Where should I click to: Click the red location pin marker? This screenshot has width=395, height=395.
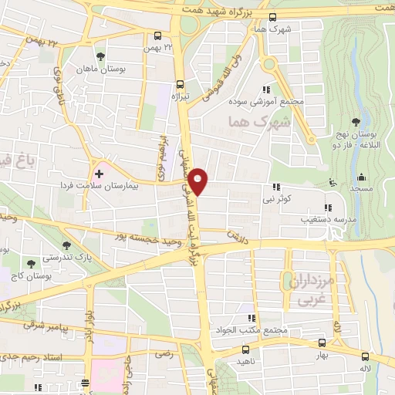click(x=198, y=181)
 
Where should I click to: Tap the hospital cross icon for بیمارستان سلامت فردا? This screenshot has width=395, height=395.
click(x=99, y=172)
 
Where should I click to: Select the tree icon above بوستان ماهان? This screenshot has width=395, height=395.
click(x=100, y=56)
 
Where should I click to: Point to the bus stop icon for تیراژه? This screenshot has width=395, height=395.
click(x=180, y=85)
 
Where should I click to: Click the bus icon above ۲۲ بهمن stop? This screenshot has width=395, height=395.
click(x=158, y=35)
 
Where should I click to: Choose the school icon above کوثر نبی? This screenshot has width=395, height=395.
click(x=276, y=187)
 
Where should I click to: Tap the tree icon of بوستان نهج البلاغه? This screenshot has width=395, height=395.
click(x=356, y=121)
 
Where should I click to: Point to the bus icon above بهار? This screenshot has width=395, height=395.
click(x=322, y=343)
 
